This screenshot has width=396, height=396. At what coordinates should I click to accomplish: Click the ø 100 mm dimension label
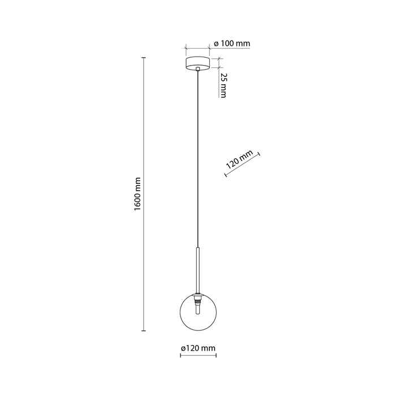(x=232, y=44)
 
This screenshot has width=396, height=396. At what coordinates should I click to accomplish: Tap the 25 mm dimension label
(x=223, y=85)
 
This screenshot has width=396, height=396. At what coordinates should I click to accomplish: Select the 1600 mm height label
(x=137, y=194)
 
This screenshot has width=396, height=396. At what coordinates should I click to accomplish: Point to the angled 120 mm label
(x=239, y=160)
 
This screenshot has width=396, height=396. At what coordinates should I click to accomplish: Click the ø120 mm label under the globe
(x=198, y=348)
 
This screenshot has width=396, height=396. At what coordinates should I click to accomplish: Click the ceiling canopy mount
(x=198, y=63)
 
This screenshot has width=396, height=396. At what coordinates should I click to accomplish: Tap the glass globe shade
(x=198, y=312)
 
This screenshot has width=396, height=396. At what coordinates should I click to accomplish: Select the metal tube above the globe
(x=198, y=270)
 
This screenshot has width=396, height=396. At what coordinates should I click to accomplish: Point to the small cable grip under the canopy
(x=198, y=68)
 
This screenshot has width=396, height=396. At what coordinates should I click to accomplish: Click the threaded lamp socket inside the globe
(x=198, y=300)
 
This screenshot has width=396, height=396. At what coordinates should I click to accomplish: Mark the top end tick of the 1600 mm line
(x=144, y=58)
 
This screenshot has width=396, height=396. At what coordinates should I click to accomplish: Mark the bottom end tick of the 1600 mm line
(x=144, y=330)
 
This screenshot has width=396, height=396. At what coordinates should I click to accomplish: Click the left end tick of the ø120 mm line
(x=180, y=356)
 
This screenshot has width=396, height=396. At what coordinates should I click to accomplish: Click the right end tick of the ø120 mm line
(x=216, y=356)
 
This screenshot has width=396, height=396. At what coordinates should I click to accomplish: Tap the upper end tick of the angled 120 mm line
(x=259, y=154)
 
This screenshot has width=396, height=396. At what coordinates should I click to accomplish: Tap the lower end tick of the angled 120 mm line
(x=226, y=174)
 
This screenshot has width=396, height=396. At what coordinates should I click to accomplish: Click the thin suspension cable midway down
(x=198, y=159)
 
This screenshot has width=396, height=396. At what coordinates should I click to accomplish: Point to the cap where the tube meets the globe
(x=198, y=295)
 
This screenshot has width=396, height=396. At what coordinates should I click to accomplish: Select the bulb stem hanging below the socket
(x=198, y=309)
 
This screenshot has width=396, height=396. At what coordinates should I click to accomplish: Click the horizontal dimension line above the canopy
(x=198, y=48)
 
